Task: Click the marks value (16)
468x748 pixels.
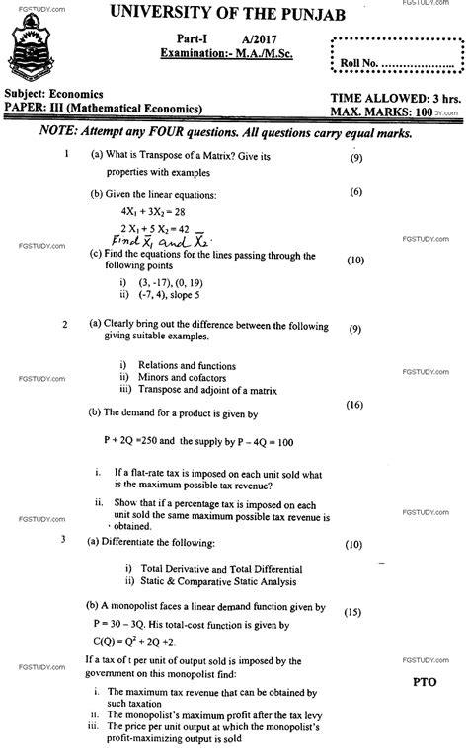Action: pyautogui.click(x=354, y=405)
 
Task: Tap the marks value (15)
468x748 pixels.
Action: pyautogui.click(x=352, y=612)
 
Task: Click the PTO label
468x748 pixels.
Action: pyautogui.click(x=419, y=681)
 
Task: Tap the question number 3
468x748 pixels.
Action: pyautogui.click(x=63, y=540)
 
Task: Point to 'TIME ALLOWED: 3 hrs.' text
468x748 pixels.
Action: pyautogui.click(x=384, y=102)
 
